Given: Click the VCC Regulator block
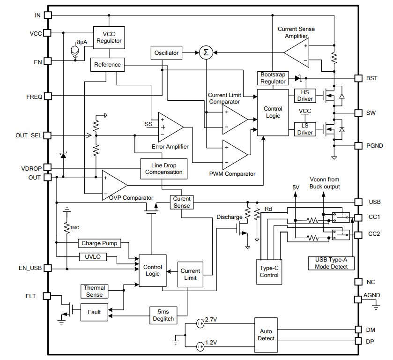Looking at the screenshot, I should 109,37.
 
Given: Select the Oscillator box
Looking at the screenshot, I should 166,53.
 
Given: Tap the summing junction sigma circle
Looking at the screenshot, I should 205,53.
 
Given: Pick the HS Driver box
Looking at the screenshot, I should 304,96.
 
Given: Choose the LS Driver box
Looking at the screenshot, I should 304,129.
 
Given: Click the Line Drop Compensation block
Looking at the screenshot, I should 163,169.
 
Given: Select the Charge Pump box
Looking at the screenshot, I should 99,243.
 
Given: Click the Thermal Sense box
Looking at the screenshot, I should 94,291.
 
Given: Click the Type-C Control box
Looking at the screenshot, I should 269,271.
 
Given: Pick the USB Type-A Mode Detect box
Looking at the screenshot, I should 332,263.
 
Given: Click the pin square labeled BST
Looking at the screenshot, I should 358,78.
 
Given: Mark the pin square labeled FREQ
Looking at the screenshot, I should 47,97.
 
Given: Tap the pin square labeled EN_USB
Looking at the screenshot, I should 47,269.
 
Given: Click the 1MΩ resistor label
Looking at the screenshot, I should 75,227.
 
